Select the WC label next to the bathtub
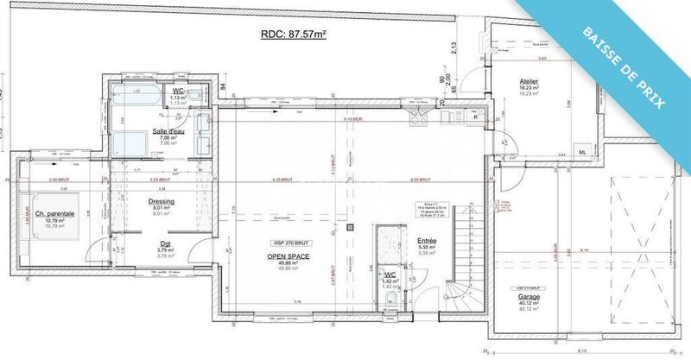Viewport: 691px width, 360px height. pyautogui.click(x=178, y=91)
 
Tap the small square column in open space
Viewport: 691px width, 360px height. pyautogui.click(x=350, y=228)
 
